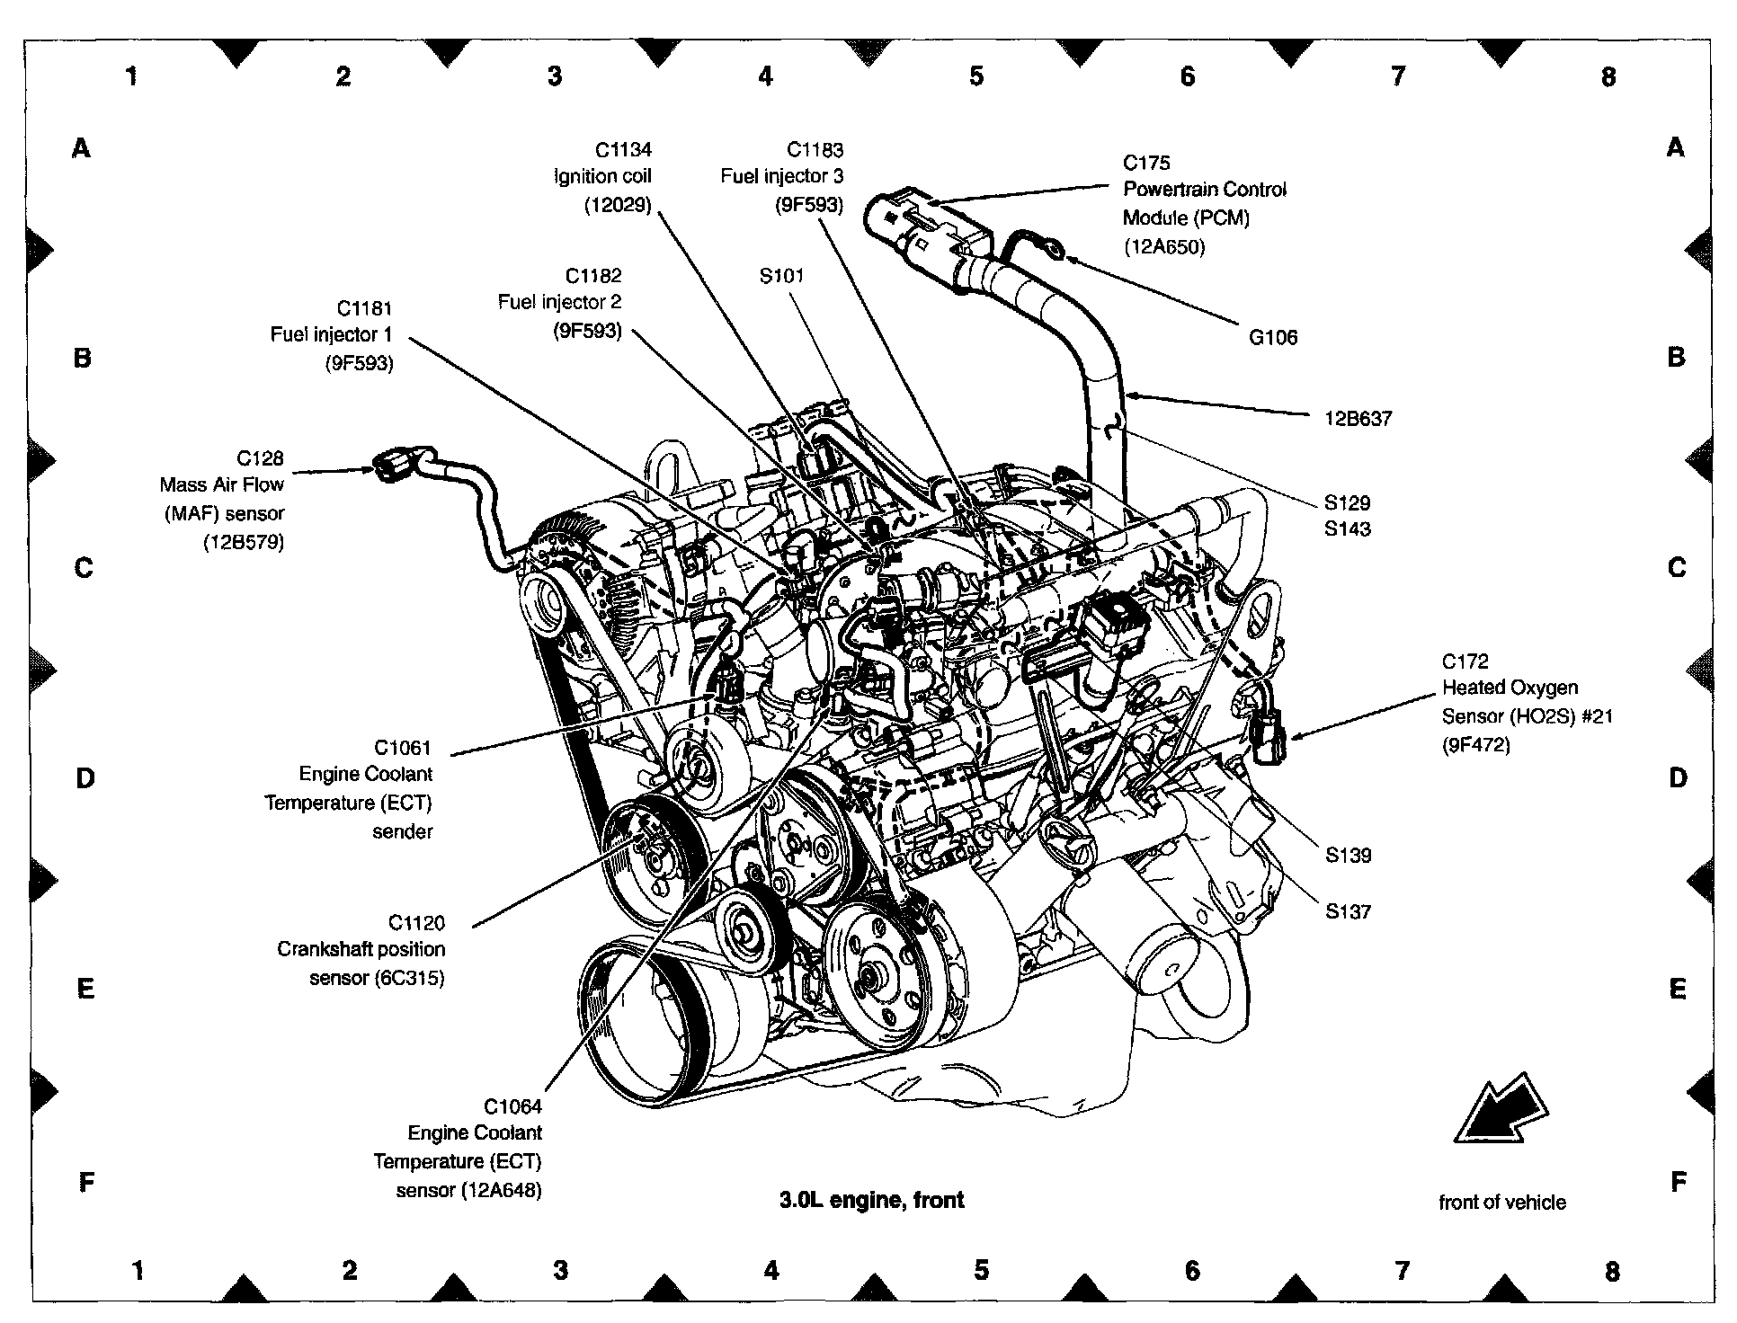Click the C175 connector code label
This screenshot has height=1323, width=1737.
(1146, 163)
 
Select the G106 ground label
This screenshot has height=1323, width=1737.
(1272, 338)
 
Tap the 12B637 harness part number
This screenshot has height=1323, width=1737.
(1358, 419)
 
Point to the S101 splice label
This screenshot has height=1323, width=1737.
(781, 276)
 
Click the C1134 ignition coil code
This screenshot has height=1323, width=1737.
(622, 150)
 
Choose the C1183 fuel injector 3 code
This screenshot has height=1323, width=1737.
(815, 150)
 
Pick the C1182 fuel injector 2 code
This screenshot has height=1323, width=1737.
(592, 276)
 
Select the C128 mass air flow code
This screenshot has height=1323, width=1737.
(259, 458)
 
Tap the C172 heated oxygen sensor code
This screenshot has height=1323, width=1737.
(1465, 662)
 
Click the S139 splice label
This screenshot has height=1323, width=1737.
(1348, 856)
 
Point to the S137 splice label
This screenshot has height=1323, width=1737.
(1348, 912)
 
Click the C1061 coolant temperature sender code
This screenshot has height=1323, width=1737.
(403, 748)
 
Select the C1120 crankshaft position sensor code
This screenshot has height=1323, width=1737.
(416, 923)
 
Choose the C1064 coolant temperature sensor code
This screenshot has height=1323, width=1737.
(512, 1106)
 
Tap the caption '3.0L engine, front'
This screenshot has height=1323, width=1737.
(871, 1200)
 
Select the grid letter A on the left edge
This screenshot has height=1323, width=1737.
(82, 148)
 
